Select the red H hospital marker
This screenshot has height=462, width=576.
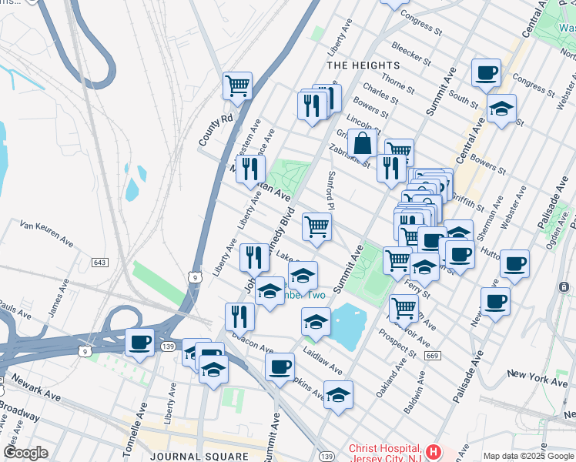434,451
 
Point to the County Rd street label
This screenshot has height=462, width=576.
205,131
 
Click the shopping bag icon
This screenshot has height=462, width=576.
362,144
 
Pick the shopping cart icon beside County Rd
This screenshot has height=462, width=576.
237,86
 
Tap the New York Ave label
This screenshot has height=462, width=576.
537,379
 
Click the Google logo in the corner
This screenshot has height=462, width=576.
25,453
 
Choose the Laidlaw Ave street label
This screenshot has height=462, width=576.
323,360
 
